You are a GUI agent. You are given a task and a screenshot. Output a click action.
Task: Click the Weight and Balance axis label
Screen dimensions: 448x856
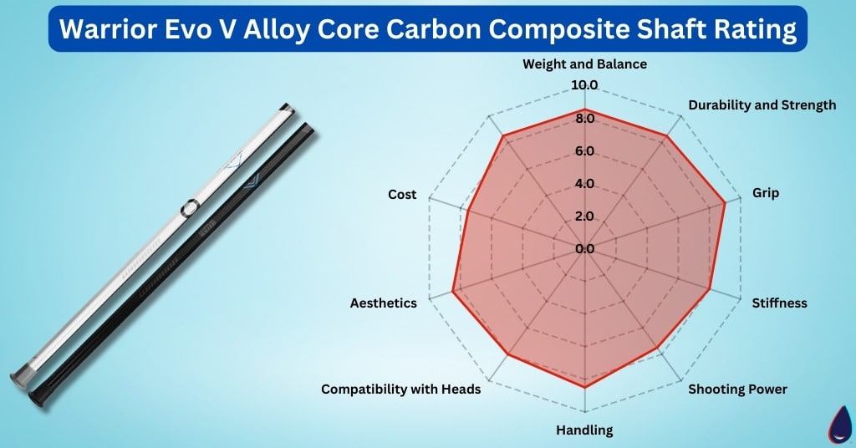tap(584, 64)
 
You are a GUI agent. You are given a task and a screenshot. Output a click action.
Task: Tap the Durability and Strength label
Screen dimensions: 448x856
tap(762, 105)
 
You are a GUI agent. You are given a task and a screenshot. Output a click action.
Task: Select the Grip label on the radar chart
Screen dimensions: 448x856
tap(765, 193)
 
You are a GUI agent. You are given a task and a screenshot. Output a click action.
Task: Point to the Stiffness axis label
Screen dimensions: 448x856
tap(779, 303)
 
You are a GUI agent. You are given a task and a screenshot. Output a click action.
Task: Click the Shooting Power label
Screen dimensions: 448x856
tap(737, 389)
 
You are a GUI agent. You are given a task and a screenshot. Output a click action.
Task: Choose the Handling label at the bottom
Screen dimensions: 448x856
tap(584, 430)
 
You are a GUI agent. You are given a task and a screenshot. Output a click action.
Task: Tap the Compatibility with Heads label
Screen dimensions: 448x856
tap(400, 389)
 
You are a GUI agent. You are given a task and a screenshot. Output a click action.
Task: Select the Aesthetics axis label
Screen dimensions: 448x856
tap(383, 303)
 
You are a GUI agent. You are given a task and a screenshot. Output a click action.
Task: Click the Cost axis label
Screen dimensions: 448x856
tap(402, 194)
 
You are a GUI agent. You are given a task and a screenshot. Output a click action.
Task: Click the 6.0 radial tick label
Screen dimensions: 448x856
tap(583, 151)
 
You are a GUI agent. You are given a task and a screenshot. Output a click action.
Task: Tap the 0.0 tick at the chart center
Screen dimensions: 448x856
tap(583, 249)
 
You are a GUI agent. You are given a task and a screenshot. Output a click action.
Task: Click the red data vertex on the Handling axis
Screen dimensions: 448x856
tap(584, 388)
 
